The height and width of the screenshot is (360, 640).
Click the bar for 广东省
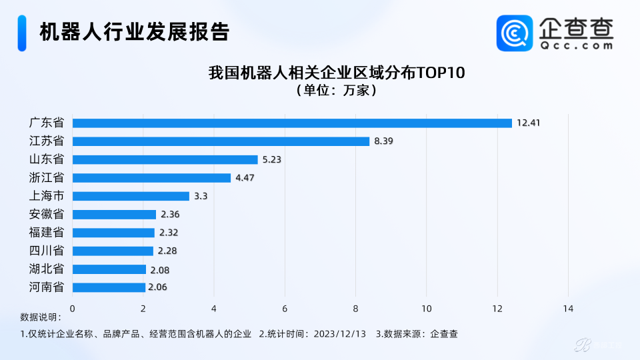(292, 123)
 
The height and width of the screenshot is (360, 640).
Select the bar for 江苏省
(221, 141)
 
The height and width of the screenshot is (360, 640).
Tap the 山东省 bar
(165, 159)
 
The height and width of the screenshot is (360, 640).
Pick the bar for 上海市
(131, 196)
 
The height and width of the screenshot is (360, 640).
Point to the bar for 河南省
(109, 287)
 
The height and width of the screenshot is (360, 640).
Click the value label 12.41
(528, 123)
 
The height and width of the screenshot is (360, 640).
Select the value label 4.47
(245, 177)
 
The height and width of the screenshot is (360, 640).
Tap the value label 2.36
(170, 214)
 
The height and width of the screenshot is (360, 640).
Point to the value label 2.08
(159, 270)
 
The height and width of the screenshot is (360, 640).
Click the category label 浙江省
(47, 177)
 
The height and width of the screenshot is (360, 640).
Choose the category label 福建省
(47, 232)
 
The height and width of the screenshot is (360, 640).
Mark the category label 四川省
(47, 251)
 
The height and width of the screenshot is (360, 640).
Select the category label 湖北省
(47, 269)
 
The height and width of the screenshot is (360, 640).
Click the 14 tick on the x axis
(568, 309)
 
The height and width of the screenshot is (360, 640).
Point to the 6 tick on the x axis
(285, 309)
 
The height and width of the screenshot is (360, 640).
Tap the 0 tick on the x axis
(72, 309)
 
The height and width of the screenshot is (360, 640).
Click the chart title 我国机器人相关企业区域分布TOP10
(337, 73)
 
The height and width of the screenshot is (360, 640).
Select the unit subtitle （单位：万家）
(337, 90)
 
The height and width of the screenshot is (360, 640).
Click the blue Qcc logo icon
(515, 33)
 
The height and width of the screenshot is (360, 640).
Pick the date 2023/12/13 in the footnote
(339, 334)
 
